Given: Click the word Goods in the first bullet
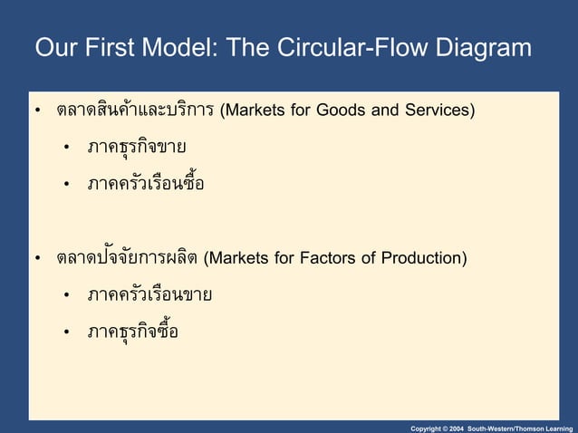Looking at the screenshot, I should pos(336,111).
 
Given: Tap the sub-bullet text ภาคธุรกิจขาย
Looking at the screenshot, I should pos(137,147).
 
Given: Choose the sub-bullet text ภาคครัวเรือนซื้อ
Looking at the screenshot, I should pos(145,184).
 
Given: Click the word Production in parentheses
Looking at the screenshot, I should pos(423,259).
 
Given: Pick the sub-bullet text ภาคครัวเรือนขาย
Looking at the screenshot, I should pos(149,295).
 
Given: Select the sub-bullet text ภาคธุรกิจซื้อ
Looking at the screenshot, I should pos(132,332).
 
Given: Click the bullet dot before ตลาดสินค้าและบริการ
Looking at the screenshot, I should pos(38,112).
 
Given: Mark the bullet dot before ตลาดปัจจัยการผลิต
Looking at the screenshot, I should pos(38,260).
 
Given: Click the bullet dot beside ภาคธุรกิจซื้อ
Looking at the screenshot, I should pos(68,333).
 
